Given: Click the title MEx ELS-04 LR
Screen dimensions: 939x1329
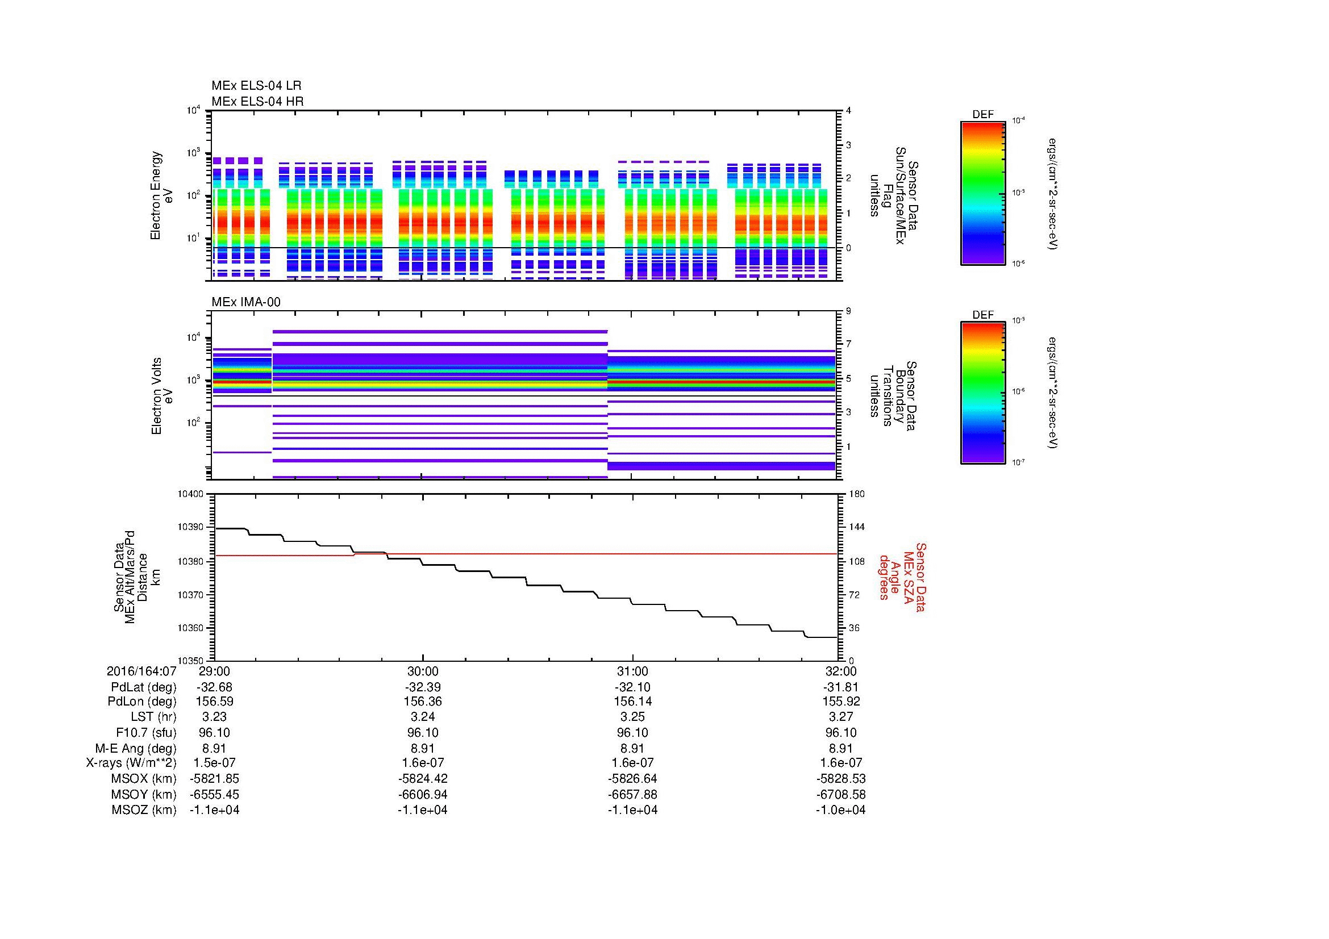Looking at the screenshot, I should coord(256,86).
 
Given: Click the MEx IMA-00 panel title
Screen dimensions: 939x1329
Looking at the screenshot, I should coord(246,302).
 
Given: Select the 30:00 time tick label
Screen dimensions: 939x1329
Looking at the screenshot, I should coord(423,671).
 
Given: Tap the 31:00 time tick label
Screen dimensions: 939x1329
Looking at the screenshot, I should coord(632,671).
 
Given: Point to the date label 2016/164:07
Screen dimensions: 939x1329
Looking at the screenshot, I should coord(141,671).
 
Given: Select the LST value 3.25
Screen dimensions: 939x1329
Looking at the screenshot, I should coord(632,717).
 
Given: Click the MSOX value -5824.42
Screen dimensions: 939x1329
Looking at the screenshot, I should coord(423,779).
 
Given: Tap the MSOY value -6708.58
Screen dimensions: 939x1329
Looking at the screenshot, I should coord(841,794).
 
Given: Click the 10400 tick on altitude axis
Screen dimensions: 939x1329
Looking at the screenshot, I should coord(191,494).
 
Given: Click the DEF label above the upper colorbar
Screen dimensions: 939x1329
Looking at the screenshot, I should coord(983,115).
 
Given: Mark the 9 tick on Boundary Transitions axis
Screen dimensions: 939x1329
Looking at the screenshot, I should coord(848,311).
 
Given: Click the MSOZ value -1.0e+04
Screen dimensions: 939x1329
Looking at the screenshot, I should coord(841,810).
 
